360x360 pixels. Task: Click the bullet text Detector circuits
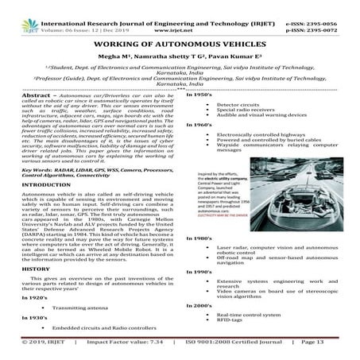click(236, 104)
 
